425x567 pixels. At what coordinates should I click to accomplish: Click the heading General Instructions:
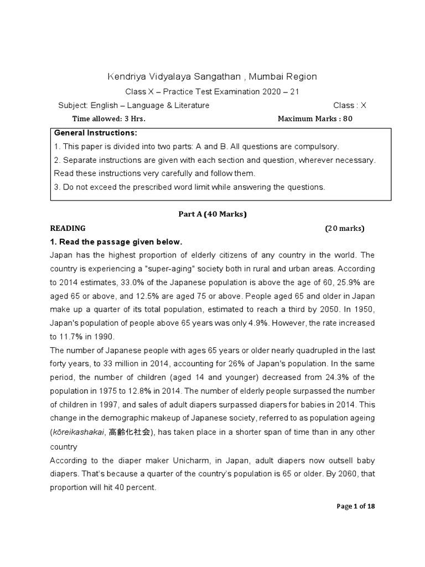pos(95,133)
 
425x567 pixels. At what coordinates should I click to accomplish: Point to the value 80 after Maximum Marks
pos(348,118)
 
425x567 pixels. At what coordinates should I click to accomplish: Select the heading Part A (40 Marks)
pos(213,214)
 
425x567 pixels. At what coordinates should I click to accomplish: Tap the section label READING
pos(68,228)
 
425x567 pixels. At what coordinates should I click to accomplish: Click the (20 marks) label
pos(345,228)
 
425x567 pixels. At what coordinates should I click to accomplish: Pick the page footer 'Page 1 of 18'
pos(356,506)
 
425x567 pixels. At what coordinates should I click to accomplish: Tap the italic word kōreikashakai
pos(78,432)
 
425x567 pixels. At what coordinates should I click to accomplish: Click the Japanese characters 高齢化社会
pos(129,432)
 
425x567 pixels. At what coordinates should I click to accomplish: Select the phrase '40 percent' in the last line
pos(135,488)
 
